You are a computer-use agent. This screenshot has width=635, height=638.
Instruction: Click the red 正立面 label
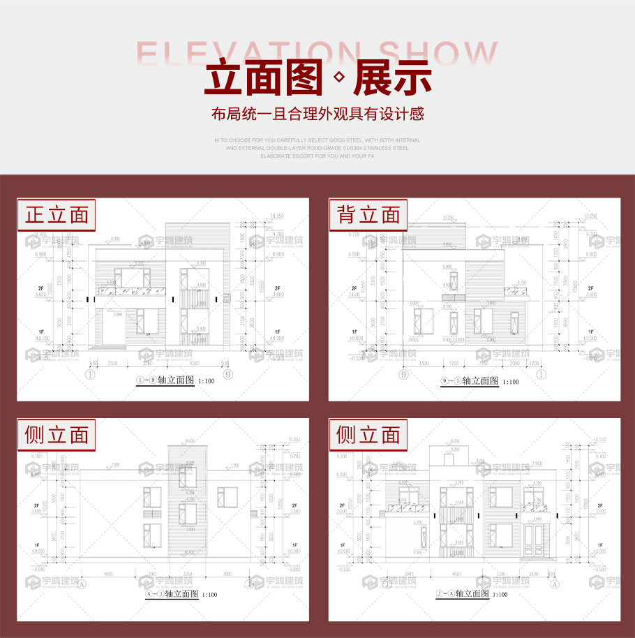57,215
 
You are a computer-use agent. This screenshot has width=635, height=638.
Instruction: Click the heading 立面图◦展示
317,79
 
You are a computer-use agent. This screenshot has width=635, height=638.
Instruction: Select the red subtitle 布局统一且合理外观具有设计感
317,114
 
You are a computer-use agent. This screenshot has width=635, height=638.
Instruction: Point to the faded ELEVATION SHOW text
317,53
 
